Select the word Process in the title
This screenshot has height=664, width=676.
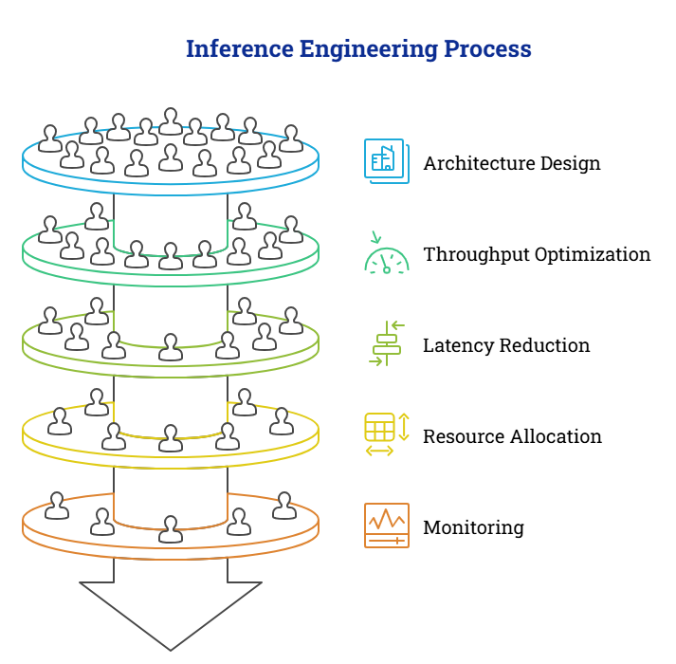click(x=487, y=48)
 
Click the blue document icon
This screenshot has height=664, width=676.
click(x=386, y=160)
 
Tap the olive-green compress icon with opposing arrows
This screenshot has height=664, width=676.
click(x=387, y=343)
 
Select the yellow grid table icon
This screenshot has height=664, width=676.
click(x=379, y=427)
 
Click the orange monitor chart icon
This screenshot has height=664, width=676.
click(x=387, y=525)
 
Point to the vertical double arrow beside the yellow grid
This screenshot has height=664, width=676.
click(x=404, y=427)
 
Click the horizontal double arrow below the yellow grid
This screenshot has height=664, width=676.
click(x=379, y=451)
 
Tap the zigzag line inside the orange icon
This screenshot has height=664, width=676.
click(x=387, y=519)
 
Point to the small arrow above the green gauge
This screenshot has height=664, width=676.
click(x=375, y=237)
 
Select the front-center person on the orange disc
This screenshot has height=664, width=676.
click(x=171, y=529)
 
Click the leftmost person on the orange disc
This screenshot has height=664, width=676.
click(x=57, y=506)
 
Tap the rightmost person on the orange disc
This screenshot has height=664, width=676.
click(x=284, y=506)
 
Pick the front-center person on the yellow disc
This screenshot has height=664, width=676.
click(x=171, y=438)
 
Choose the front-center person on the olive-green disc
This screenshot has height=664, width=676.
click(x=171, y=347)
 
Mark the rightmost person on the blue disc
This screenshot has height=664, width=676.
click(x=291, y=138)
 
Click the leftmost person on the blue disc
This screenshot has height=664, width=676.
click(x=50, y=138)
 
